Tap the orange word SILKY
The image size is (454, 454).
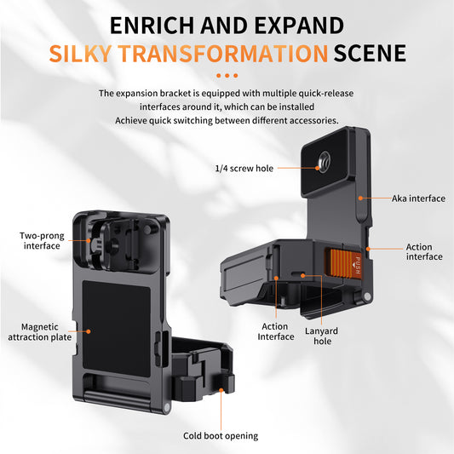82,55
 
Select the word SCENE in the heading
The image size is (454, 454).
370,55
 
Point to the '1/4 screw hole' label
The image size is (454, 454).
244,169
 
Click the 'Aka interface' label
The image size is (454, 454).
418,198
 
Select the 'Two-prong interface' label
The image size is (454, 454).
41,240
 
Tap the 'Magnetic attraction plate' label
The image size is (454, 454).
41,331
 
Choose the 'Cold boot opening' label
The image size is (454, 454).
221,435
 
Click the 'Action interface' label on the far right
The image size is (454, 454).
423,252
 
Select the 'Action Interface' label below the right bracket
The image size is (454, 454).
275,330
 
